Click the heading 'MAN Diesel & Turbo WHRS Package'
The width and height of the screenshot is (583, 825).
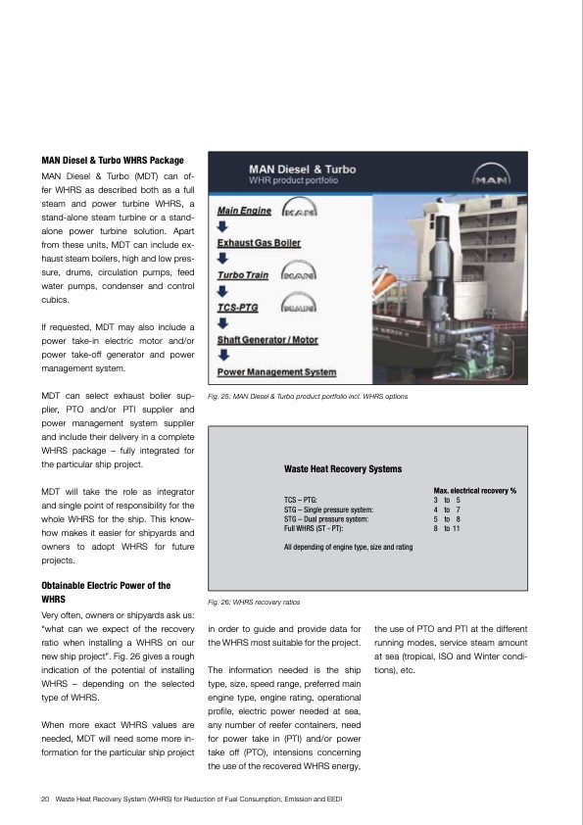(111, 159)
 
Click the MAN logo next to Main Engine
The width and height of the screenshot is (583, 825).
(299, 210)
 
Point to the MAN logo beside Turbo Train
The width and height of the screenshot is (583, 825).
(299, 275)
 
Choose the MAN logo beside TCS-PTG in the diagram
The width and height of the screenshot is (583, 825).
(299, 308)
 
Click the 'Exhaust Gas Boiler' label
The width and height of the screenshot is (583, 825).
(259, 242)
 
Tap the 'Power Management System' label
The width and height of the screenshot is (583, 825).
(276, 372)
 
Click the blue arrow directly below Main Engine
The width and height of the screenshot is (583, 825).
(222, 226)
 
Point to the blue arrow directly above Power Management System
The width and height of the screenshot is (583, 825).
(222, 357)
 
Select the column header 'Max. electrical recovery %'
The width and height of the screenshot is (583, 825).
(474, 489)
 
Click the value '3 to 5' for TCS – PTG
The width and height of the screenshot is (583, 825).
(447, 500)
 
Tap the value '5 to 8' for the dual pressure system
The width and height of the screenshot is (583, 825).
(447, 518)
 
